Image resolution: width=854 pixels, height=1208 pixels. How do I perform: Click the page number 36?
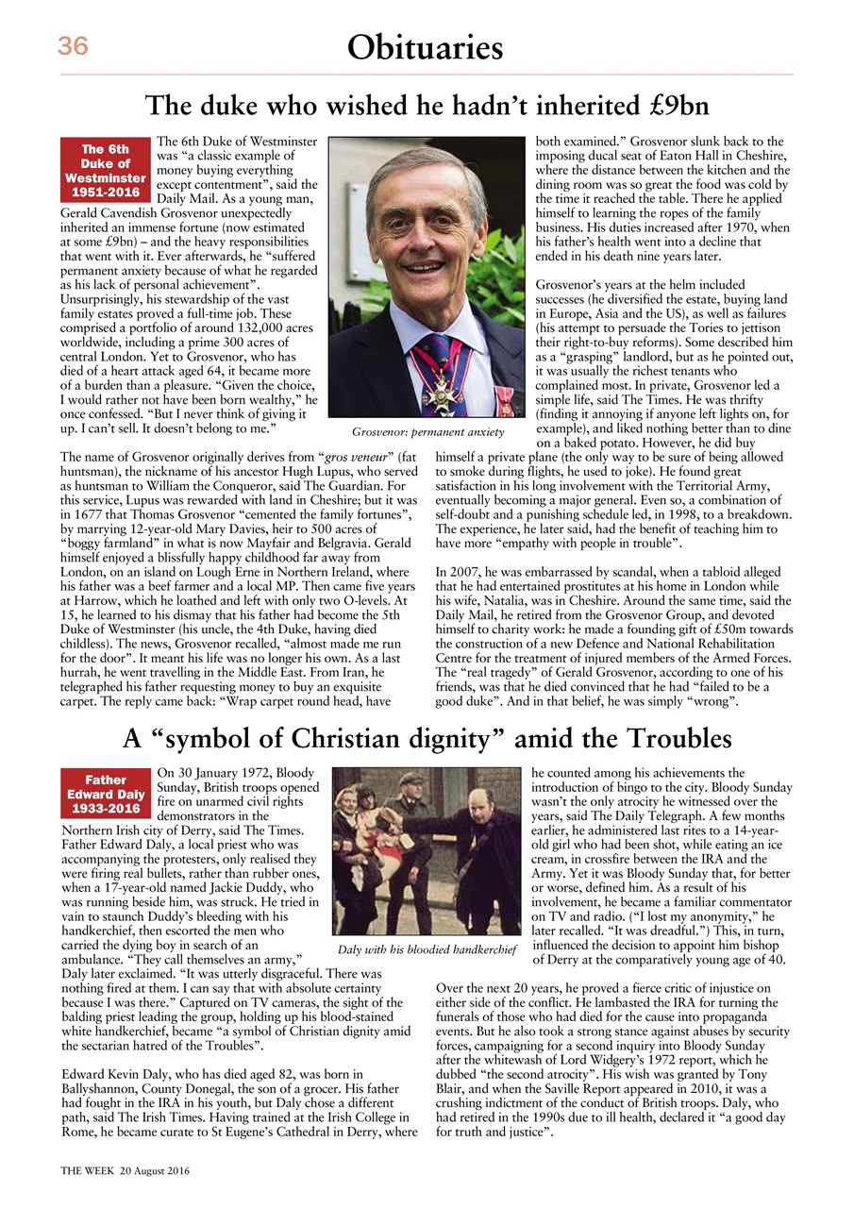pos(73,46)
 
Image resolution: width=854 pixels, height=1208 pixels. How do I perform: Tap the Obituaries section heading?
pos(425,47)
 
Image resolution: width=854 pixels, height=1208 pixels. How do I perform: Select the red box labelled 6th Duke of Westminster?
pos(106,170)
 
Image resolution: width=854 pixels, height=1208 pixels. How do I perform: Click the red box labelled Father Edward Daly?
pos(106,794)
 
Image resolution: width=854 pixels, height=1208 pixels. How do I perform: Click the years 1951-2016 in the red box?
pos(106,192)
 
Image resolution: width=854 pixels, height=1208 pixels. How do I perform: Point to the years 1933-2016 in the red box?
pos(106,809)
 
